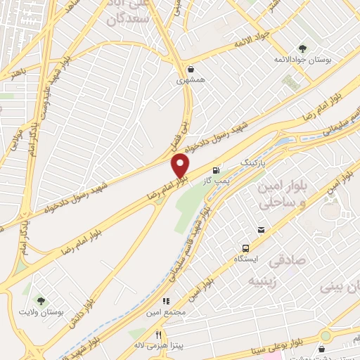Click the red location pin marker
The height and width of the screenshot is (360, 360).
pos(181,166)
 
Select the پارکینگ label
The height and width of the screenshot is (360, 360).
pos(255,162)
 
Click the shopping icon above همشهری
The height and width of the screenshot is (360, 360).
pos(191,69)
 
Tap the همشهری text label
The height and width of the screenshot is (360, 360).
pos(191,81)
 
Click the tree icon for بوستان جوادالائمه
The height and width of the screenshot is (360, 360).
pos(302,49)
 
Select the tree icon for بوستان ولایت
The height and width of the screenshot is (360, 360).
pos(40,302)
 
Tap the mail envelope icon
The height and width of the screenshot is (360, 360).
pos(262,230)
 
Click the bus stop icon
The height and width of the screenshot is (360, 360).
pos(245,248)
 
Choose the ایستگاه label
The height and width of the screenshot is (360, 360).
pos(246,259)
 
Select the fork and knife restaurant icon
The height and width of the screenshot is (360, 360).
pos(159,335)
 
